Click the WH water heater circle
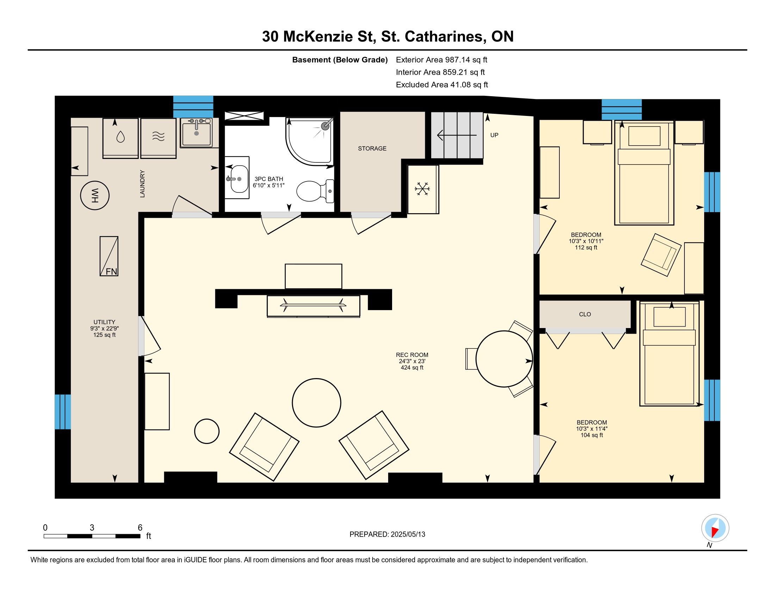95,195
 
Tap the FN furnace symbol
109,256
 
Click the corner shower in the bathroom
310,141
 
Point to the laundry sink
196,133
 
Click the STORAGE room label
372,148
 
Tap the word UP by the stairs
494,135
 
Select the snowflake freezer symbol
423,189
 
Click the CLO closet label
585,314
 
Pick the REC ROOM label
412,354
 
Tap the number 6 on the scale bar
140,527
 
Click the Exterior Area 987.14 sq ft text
441,60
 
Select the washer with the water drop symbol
120,138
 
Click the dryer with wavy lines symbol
158,138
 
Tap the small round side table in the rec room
207,431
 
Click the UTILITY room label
104,322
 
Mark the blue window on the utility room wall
63,412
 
